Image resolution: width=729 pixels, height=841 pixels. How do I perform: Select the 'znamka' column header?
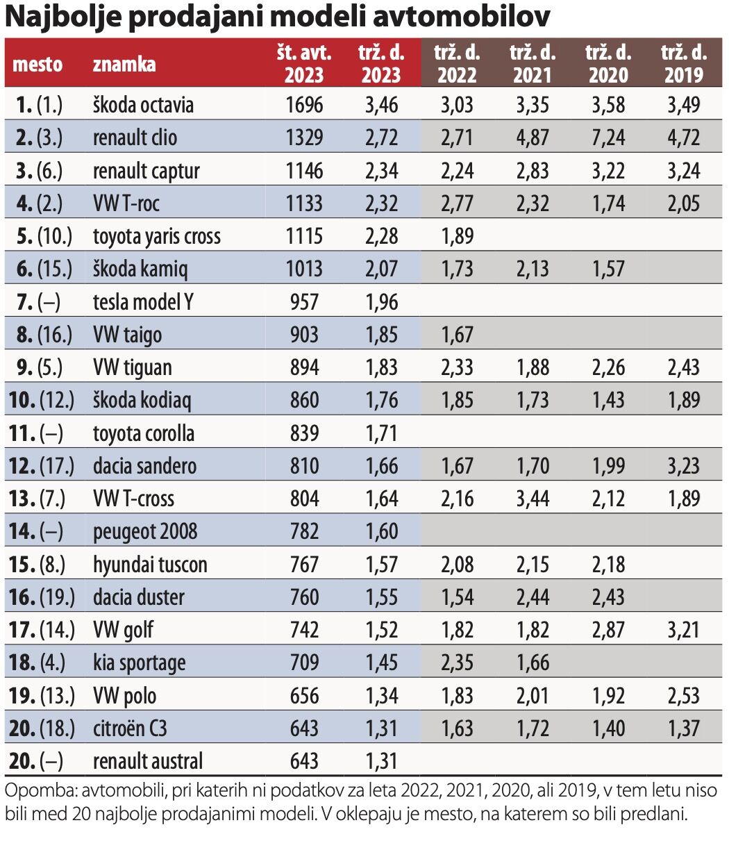click(124, 65)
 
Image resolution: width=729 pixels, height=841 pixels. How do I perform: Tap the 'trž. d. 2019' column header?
click(684, 63)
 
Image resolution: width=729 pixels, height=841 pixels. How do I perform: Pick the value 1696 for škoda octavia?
click(304, 105)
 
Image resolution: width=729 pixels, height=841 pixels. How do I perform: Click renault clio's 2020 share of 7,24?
click(607, 138)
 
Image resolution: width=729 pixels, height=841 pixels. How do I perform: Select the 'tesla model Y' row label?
click(143, 302)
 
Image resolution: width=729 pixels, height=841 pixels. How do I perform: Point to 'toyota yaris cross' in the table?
click(156, 236)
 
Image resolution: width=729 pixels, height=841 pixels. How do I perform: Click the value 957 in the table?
click(304, 302)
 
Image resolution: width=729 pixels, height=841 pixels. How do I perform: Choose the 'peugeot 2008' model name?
click(145, 532)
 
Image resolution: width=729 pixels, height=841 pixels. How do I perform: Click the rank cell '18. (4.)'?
click(39, 663)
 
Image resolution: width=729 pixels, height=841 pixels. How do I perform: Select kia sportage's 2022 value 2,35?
click(456, 663)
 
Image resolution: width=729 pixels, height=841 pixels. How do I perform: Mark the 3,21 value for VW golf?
click(682, 630)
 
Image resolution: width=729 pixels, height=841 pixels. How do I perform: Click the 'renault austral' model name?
click(148, 761)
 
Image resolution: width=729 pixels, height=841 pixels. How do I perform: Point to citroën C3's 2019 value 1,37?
click(682, 728)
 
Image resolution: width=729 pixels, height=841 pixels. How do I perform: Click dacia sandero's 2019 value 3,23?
click(682, 466)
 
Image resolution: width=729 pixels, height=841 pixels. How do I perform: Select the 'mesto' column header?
click(38, 65)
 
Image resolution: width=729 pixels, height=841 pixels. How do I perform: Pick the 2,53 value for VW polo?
click(682, 696)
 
